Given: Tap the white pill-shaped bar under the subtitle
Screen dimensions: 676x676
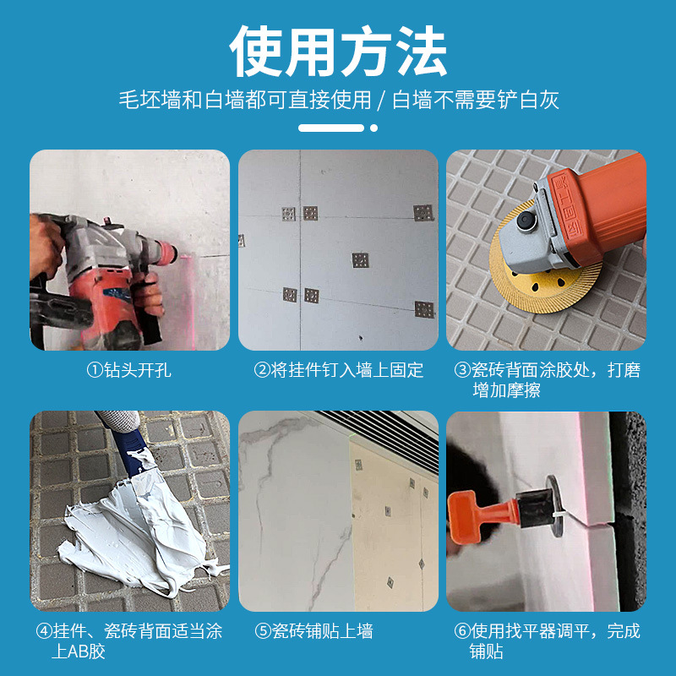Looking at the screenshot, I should click(331, 128).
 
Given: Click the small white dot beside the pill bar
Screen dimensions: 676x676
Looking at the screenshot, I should click(373, 128).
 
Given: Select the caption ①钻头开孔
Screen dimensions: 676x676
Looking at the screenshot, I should click(129, 370).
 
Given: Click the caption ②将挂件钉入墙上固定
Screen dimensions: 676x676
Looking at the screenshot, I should click(338, 370).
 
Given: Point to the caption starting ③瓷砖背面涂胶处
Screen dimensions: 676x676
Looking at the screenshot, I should click(547, 379).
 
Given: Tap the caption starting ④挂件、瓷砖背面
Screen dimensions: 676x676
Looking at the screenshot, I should click(129, 641).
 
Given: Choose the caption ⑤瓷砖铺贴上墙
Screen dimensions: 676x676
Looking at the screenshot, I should click(313, 631).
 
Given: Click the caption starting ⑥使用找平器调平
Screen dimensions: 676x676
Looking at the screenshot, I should click(547, 641).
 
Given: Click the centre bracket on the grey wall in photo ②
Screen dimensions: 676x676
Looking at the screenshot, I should click(361, 259).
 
